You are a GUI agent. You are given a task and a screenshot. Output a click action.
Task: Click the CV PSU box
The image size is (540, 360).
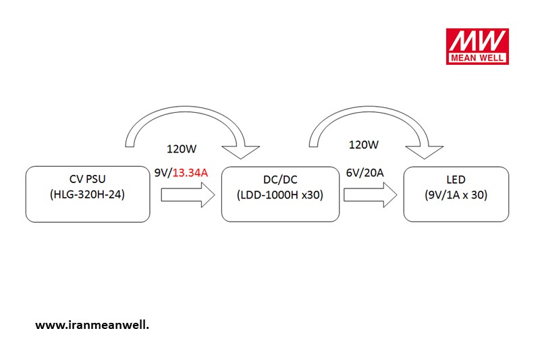tap(88, 195)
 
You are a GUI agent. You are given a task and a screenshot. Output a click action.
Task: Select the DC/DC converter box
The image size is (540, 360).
tap(280, 195)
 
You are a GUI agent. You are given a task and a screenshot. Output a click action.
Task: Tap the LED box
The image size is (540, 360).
tap(456, 195)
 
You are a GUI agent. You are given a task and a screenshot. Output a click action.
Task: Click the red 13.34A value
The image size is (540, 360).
tap(190, 173)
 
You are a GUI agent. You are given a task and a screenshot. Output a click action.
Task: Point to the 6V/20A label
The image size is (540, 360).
tap(364, 173)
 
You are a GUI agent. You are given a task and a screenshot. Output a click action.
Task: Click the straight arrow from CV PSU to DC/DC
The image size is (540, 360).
tap(188, 195)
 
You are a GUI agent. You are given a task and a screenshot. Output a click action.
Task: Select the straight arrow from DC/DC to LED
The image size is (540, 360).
tap(370, 195)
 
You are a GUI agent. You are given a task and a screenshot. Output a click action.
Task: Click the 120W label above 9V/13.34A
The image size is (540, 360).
tap(182, 149)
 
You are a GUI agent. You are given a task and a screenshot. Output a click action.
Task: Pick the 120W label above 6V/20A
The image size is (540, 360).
tap(364, 145)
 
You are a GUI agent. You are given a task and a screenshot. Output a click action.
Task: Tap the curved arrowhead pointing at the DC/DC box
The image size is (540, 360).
tap(240, 151)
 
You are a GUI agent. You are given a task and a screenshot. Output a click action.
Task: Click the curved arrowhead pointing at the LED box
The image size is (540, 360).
tap(425, 151)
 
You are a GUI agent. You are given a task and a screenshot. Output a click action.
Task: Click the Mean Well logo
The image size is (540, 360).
tap(477, 47)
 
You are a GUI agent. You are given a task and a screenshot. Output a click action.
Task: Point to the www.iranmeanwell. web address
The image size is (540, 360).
tap(92, 325)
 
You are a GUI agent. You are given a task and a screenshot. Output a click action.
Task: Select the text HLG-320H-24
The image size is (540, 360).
tap(87, 195)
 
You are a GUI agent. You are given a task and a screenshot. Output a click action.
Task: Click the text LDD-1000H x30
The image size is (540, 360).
tap(280, 195)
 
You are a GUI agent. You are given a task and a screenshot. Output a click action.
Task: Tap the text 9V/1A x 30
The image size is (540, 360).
tap(456, 195)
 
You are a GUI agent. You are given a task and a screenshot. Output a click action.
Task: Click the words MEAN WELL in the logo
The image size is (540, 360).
tap(477, 58)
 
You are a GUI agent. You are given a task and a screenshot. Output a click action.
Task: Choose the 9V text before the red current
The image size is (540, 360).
tap(162, 173)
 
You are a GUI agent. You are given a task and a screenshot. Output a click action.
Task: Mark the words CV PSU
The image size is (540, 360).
tap(88, 179)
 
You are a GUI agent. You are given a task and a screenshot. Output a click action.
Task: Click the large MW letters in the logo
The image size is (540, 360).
tap(477, 41)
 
